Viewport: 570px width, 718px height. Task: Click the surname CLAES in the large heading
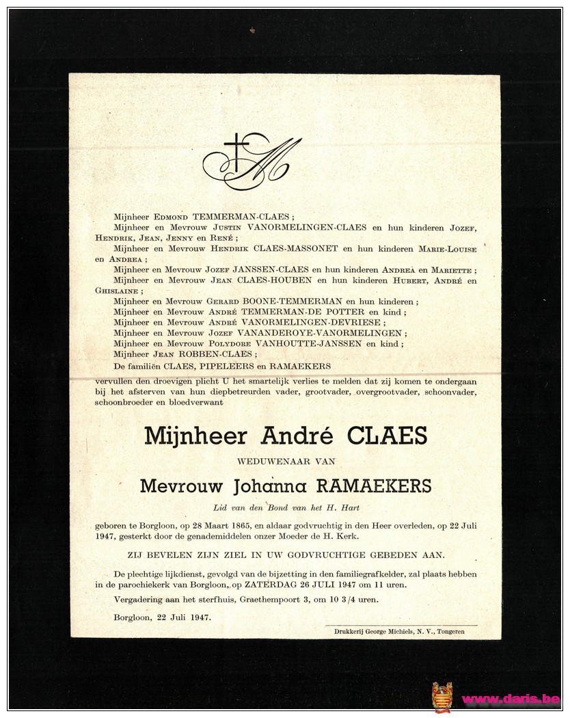tap(387, 436)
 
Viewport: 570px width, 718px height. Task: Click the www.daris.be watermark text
tap(511, 699)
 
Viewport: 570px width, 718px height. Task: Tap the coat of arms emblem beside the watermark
tap(442, 697)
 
